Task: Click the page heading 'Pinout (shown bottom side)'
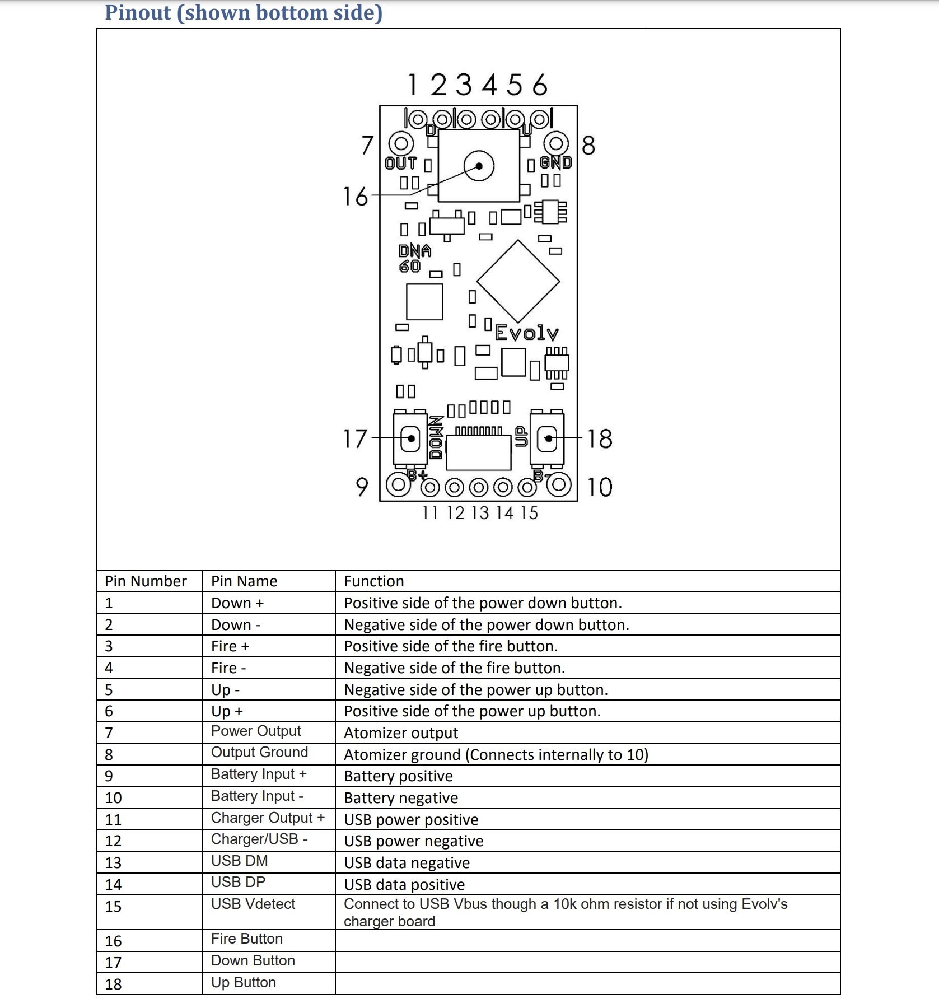click(x=244, y=13)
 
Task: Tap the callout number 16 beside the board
click(x=356, y=197)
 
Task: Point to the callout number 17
click(x=355, y=439)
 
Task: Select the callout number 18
click(x=600, y=439)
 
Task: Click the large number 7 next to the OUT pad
click(x=367, y=146)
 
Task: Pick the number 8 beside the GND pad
click(x=588, y=146)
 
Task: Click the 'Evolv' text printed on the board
click(x=527, y=334)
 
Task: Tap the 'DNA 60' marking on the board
click(x=414, y=258)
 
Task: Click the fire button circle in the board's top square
click(x=479, y=166)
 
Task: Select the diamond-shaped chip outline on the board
click(x=518, y=282)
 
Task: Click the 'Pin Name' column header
click(x=244, y=581)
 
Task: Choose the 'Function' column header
click(x=374, y=581)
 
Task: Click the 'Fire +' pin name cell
click(x=230, y=646)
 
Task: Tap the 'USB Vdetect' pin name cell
click(x=253, y=904)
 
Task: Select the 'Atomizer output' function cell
click(x=401, y=733)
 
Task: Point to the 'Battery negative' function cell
click(x=401, y=798)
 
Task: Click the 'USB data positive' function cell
click(x=404, y=885)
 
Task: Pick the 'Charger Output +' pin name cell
click(x=268, y=818)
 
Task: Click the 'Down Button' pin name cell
click(x=253, y=961)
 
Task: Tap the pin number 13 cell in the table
click(x=113, y=863)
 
